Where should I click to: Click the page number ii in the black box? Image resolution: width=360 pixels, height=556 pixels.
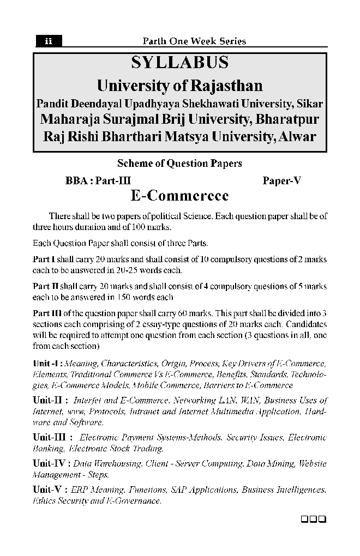point(49,41)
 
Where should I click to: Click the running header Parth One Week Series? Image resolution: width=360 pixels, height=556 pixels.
point(194,41)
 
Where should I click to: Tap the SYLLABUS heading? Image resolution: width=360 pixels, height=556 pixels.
point(180,63)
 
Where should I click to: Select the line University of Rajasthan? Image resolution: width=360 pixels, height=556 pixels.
point(180,86)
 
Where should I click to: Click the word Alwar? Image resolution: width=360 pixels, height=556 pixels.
point(296,136)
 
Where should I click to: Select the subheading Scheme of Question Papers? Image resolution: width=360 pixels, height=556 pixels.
point(180,163)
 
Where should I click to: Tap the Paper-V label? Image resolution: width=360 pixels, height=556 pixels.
point(281,181)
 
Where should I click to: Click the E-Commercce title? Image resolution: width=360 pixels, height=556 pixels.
point(180,196)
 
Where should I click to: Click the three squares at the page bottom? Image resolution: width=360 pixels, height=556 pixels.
point(313,518)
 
